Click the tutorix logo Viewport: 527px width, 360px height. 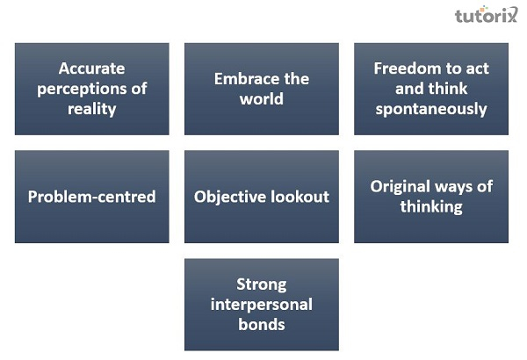(x=487, y=15)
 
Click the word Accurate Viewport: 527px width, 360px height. (x=92, y=68)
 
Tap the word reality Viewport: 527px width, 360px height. (x=92, y=109)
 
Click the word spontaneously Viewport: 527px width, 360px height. (x=431, y=109)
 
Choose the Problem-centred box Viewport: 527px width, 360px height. (x=92, y=197)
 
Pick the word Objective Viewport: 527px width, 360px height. (x=230, y=197)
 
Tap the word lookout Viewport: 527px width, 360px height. (x=300, y=197)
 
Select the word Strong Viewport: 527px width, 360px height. (x=262, y=284)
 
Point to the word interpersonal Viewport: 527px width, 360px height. (x=262, y=304)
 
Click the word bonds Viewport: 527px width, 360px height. (x=262, y=324)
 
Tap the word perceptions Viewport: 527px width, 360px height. (x=92, y=89)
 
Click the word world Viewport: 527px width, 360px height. (x=262, y=98)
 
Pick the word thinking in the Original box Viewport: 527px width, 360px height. (x=431, y=207)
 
